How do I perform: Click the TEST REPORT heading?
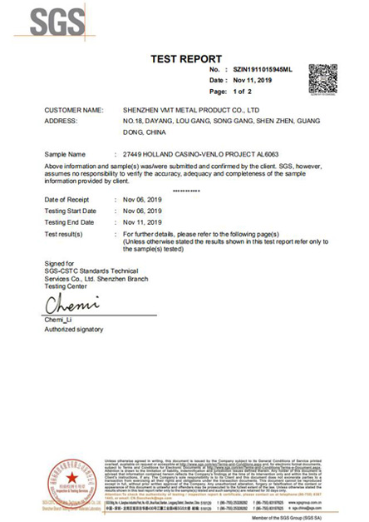click(185, 59)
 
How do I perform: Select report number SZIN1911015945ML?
click(265, 70)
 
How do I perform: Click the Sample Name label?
click(66, 155)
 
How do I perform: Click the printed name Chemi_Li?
click(59, 321)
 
